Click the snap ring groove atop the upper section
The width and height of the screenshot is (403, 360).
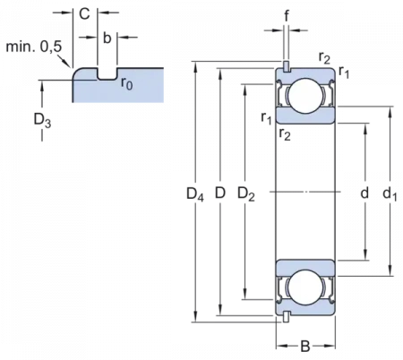[285, 68]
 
